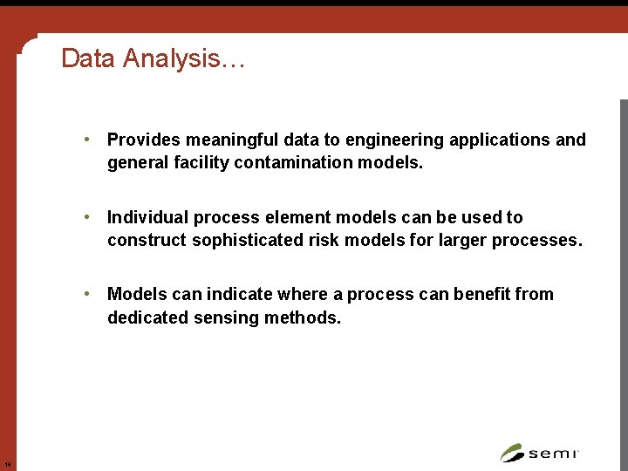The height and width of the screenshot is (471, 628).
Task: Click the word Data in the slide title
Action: tap(89, 58)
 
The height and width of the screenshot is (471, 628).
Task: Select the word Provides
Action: tap(143, 140)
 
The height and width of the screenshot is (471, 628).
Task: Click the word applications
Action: tap(500, 140)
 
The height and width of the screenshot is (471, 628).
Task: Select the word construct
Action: tap(147, 240)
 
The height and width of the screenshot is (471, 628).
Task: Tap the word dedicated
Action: tap(144, 317)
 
